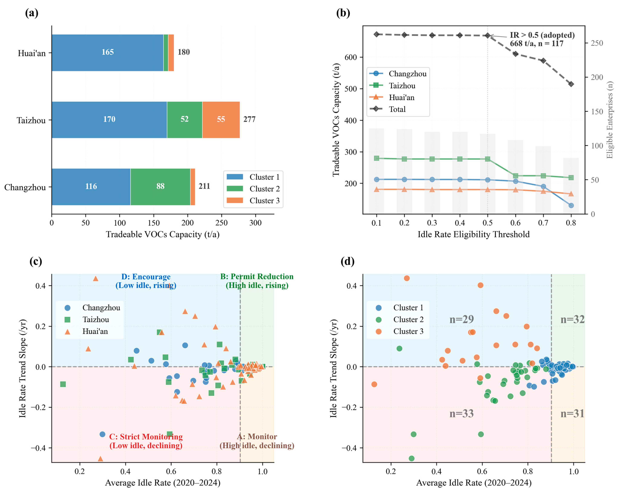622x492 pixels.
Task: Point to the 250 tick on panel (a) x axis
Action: pos(221,223)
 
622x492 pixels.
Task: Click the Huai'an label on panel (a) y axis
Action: pos(32,53)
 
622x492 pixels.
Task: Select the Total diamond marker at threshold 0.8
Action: pos(571,84)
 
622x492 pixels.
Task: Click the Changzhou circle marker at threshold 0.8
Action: pos(571,205)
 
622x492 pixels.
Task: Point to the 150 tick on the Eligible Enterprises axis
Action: pos(597,111)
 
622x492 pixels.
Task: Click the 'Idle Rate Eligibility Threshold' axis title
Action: pos(473,234)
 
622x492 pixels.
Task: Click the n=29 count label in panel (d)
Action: pos(461,319)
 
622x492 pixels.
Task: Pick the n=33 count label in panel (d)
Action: pos(461,414)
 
